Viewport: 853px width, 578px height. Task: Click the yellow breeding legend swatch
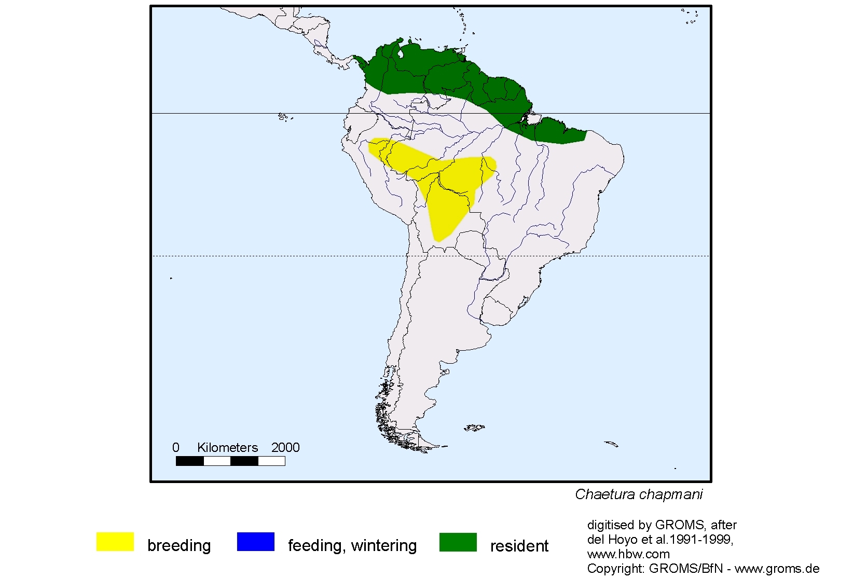115,542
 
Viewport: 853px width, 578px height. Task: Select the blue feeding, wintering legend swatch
255,542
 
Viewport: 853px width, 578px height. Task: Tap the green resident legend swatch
458,542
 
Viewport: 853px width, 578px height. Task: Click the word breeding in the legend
179,546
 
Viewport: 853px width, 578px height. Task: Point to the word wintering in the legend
384,546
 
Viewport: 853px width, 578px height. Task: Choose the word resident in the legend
519,546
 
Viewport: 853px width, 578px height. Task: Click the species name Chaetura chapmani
639,494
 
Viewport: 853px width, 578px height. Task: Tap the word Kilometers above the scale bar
227,448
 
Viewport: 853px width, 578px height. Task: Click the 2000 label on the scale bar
285,448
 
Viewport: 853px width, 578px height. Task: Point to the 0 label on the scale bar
176,448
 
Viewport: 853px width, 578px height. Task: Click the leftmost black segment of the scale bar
189,461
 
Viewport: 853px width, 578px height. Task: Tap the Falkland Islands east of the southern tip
474,428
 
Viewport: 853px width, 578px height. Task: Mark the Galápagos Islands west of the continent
283,117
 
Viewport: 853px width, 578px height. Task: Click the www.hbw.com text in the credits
628,554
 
